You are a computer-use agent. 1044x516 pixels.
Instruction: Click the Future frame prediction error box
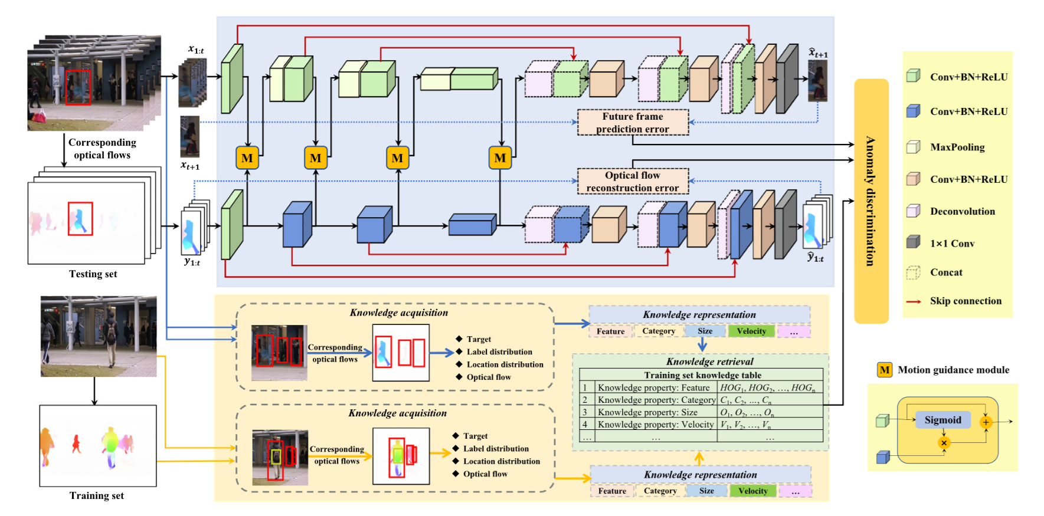[633, 123]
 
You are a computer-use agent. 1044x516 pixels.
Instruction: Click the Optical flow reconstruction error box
[633, 182]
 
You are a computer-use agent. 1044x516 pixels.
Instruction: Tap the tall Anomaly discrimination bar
[871, 201]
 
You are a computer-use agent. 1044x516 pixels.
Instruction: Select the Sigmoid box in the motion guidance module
[942, 420]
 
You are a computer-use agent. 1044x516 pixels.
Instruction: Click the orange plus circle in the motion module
[986, 422]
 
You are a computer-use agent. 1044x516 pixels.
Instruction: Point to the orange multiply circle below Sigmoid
[944, 443]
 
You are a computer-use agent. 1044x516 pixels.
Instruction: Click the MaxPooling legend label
[957, 147]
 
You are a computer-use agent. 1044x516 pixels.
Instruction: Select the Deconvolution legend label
[963, 211]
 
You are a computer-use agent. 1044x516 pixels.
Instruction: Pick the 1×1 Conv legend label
[952, 244]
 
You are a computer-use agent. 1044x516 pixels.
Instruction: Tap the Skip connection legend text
[966, 301]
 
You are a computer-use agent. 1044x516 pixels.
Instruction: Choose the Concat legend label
[946, 272]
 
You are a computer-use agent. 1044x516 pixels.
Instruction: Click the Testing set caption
[93, 274]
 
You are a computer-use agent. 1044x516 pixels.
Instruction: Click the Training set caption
[96, 496]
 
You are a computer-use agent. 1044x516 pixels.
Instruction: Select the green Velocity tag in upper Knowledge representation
[751, 331]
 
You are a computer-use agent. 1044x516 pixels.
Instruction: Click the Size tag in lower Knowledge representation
[706, 491]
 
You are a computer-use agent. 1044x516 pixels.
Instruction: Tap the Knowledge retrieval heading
[709, 361]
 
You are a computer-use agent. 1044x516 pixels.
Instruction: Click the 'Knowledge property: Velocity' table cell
[656, 425]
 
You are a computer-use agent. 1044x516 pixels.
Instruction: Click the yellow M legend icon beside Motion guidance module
[884, 370]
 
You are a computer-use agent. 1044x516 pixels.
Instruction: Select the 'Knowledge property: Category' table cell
[656, 400]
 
